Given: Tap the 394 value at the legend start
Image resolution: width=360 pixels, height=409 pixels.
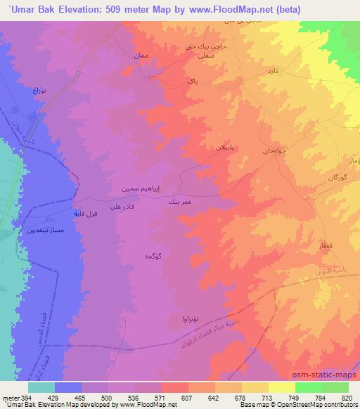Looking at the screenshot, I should (x=20, y=397).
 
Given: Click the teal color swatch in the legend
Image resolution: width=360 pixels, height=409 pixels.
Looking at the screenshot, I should (x=41, y=387).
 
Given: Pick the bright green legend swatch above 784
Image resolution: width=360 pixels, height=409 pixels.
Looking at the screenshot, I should (x=308, y=387).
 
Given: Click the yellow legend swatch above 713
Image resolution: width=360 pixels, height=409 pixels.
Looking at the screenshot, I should (x=255, y=387).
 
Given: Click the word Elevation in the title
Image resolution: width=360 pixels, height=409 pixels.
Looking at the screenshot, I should (x=79, y=9).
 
